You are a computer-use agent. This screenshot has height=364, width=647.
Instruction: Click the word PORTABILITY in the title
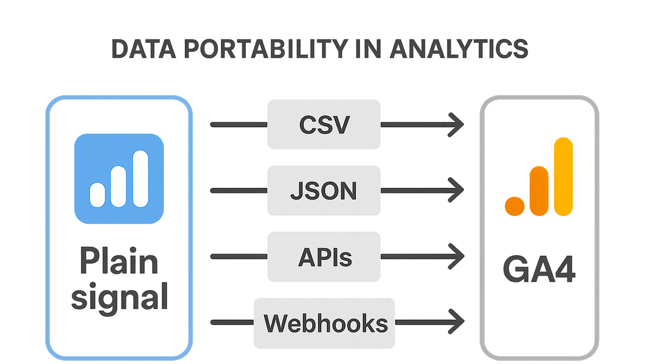[266, 49]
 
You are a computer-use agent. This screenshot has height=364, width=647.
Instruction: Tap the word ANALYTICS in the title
[459, 49]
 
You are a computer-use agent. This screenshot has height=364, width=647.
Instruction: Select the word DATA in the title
[143, 49]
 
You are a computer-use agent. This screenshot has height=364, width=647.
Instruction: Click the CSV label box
[324, 125]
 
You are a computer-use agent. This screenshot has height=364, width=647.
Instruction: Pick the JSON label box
[324, 190]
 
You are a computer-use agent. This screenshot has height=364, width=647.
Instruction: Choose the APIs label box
[324, 257]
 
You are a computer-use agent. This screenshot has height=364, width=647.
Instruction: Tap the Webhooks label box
[325, 323]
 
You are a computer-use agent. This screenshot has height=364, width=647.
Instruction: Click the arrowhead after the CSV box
[456, 125]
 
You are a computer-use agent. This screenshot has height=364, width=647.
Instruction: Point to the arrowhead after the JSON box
[456, 190]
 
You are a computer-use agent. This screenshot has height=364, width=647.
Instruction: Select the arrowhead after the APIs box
[456, 256]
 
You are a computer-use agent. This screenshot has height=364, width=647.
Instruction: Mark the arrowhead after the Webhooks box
[456, 321]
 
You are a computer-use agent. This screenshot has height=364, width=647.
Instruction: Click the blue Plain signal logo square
[119, 178]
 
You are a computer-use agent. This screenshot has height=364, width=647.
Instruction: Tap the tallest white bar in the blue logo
[141, 179]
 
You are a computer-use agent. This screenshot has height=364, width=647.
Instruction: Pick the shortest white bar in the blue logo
[98, 195]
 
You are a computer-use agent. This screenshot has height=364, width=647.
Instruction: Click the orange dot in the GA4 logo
[515, 206]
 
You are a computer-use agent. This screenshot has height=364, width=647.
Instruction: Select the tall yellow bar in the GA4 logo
[563, 177]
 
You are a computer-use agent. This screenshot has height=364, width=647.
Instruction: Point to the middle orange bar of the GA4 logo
[539, 191]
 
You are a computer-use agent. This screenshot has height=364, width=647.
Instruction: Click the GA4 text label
[539, 269]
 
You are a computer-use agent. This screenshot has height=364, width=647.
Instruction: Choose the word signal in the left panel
[120, 298]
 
